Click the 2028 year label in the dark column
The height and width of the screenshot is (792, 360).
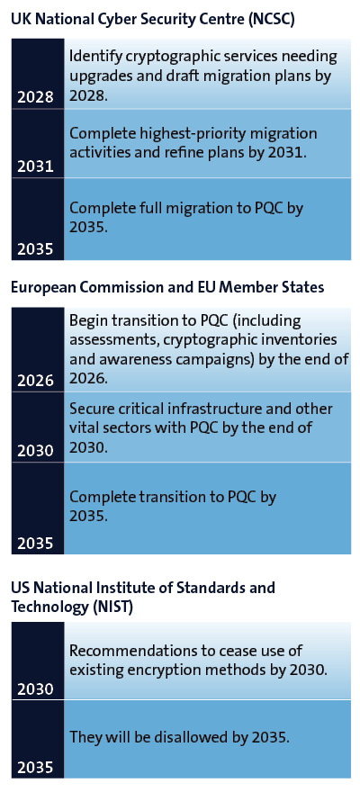35,97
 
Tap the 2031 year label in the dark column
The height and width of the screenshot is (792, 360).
35,166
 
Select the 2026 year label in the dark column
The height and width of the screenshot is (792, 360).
35,381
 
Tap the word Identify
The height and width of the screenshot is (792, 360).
90,57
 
